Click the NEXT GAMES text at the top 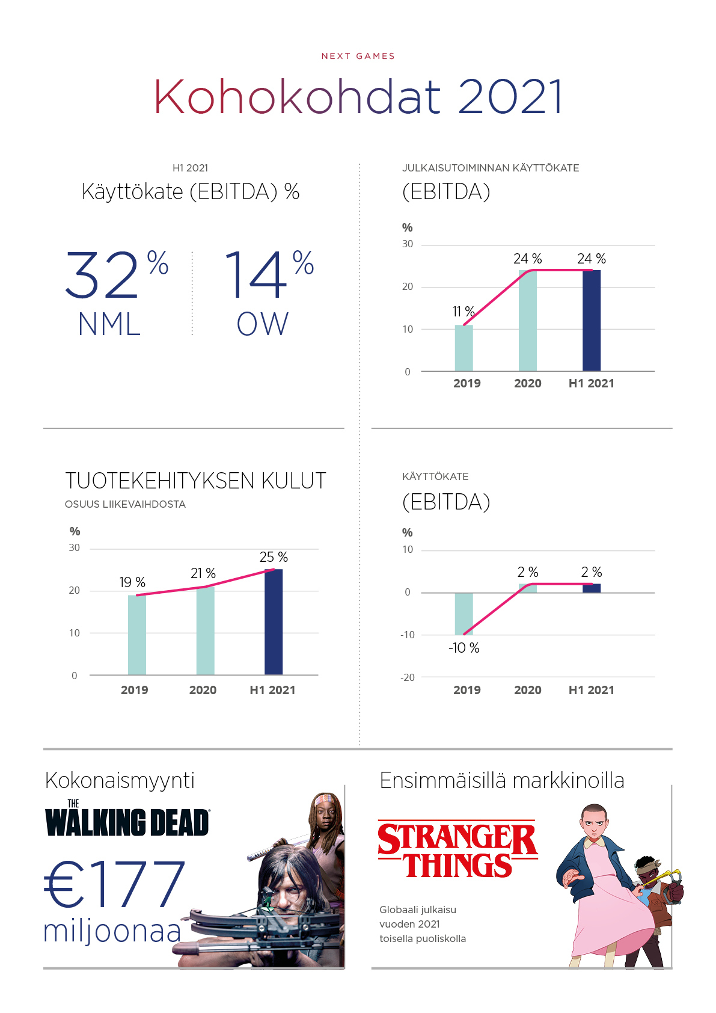[x=358, y=56]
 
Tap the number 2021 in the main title [x=510, y=97]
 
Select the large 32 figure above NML [x=102, y=276]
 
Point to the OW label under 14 [x=262, y=324]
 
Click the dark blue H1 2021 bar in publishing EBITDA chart [x=591, y=320]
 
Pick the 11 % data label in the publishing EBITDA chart [x=464, y=312]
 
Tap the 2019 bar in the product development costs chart [x=136, y=635]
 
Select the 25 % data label [x=274, y=557]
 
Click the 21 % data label [x=203, y=573]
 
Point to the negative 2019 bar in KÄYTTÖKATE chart [x=464, y=614]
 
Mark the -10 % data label [x=464, y=648]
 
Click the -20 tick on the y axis [x=408, y=677]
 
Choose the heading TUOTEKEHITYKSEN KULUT [x=195, y=481]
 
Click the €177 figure [x=115, y=884]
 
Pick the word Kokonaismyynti [x=120, y=780]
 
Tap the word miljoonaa [x=112, y=931]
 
